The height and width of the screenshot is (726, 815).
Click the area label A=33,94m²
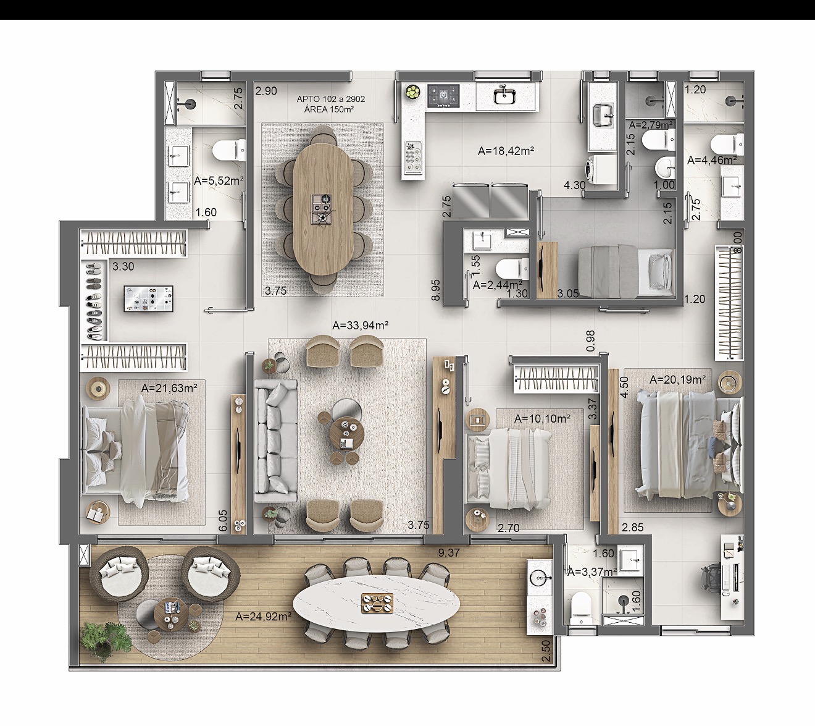click(x=360, y=326)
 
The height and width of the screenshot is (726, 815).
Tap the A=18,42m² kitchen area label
click(x=506, y=151)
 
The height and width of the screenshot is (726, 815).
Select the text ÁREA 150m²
click(x=329, y=109)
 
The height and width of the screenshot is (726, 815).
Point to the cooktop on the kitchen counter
click(x=443, y=96)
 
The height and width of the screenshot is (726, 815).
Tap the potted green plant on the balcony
click(x=106, y=636)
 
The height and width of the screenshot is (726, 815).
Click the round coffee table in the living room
click(x=347, y=432)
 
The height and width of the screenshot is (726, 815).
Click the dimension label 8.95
click(x=436, y=290)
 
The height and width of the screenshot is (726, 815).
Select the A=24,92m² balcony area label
click(x=264, y=616)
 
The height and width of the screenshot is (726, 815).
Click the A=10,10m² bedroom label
click(x=542, y=419)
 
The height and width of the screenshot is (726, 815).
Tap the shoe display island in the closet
click(x=148, y=299)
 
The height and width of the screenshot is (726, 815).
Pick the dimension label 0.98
click(x=590, y=341)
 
